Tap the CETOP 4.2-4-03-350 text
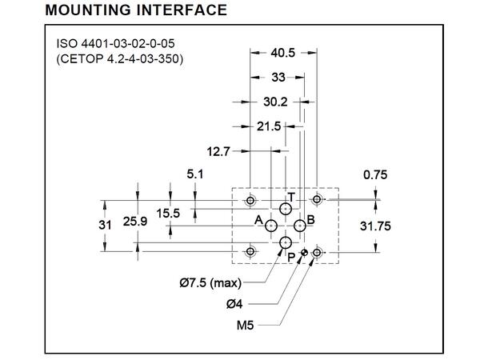pos(120,59)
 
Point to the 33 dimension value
pos(278,78)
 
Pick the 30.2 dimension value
pos(274,102)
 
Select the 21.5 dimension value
pos(269,126)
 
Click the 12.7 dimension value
pos(218,150)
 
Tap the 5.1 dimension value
pos(195,173)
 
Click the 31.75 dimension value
pos(375,226)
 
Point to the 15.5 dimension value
pos(169,213)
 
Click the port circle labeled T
pos(286,210)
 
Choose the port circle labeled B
pos(299,226)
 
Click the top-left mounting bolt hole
pos(251,199)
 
